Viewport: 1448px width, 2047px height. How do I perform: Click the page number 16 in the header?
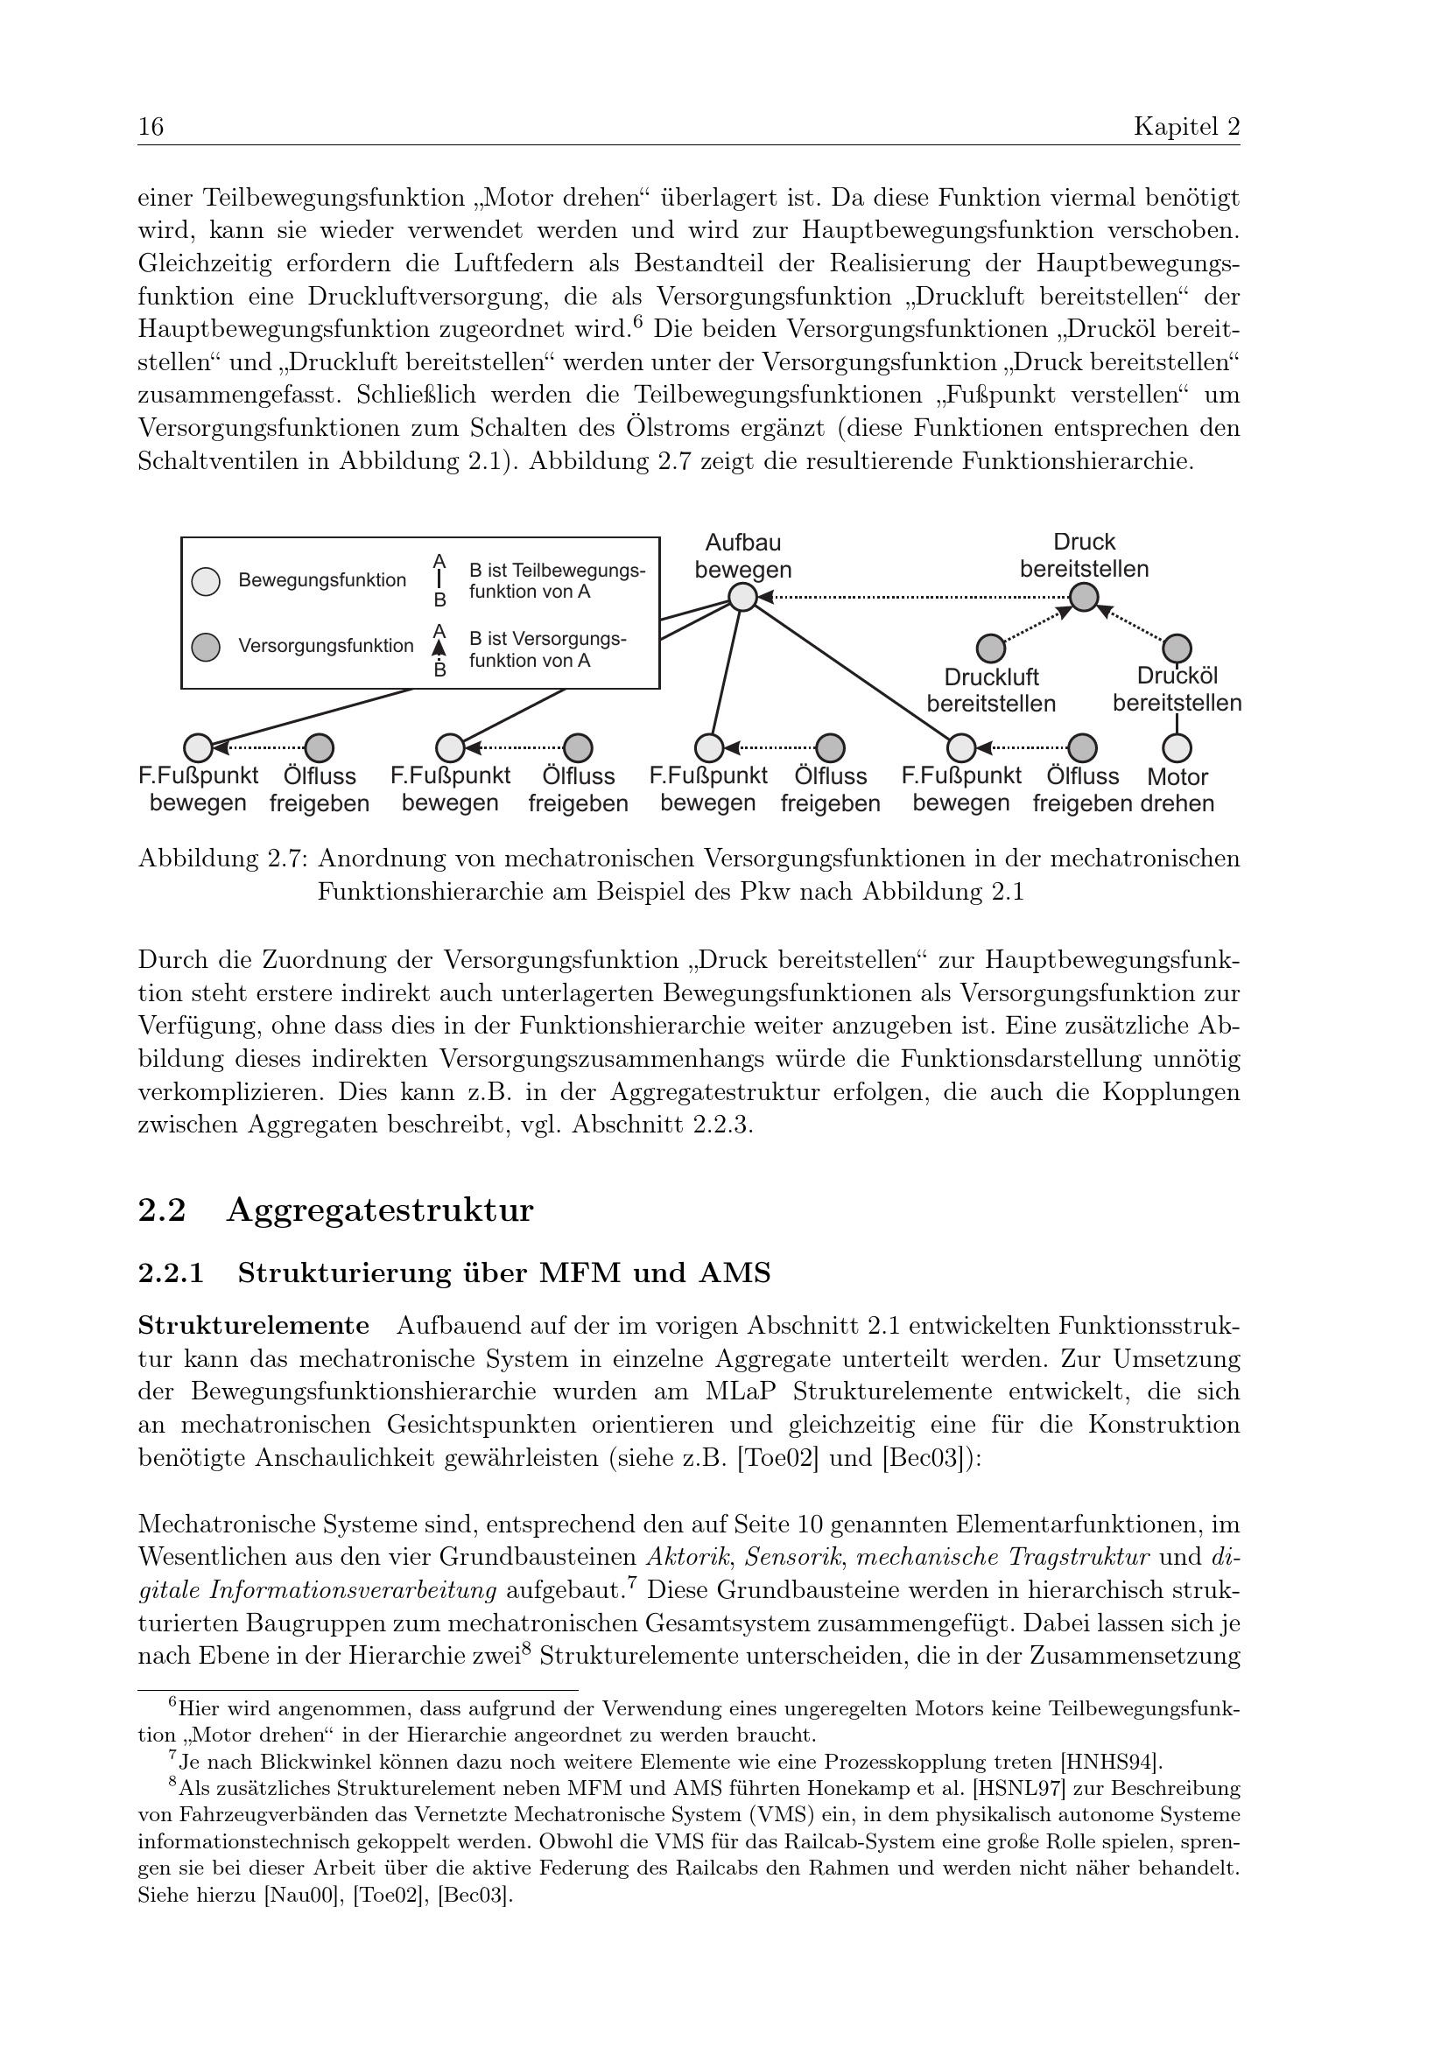[151, 128]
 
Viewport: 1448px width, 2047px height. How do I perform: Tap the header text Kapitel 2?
[1186, 128]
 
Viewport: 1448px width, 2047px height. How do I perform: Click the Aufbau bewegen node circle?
[742, 597]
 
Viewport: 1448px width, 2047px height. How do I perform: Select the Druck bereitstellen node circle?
[1083, 597]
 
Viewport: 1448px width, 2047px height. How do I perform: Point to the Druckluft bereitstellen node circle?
[991, 648]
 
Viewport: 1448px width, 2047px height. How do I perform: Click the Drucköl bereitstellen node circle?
[1177, 648]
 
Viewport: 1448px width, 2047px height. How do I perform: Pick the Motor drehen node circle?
[1177, 747]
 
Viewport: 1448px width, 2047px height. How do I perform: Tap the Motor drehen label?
[1177, 790]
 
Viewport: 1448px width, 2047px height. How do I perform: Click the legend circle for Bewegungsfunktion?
[206, 581]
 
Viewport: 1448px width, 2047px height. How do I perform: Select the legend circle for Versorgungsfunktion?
[206, 647]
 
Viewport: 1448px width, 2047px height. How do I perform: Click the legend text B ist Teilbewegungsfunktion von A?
[558, 580]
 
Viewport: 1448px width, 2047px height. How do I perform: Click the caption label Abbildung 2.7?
[223, 859]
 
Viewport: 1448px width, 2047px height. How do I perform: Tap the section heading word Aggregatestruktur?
[380, 1210]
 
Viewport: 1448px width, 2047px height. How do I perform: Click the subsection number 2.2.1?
[172, 1274]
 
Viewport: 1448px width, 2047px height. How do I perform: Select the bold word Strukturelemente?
[253, 1325]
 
